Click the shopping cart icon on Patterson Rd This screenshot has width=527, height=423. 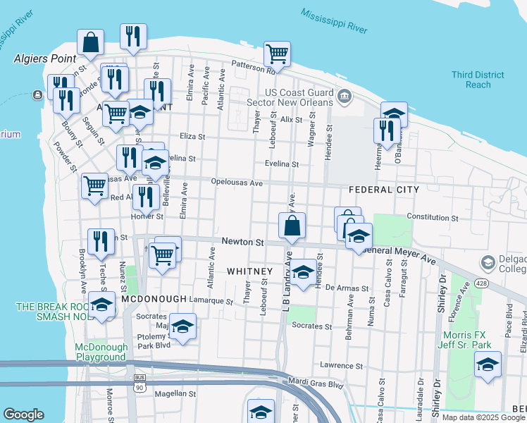[x=277, y=54]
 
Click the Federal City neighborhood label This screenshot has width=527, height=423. [x=384, y=190]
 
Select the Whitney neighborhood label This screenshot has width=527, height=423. [x=249, y=271]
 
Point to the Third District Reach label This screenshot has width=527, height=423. [x=478, y=80]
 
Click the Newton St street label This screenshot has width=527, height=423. [x=242, y=242]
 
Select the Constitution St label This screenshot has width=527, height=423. [x=433, y=218]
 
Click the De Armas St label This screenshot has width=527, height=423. [x=346, y=288]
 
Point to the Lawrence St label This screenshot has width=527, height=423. [x=341, y=366]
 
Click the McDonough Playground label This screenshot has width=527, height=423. [x=101, y=352]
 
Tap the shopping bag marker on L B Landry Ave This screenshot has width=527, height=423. [x=292, y=226]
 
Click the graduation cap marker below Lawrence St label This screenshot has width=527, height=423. [x=261, y=412]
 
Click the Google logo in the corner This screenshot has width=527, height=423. [x=23, y=415]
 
